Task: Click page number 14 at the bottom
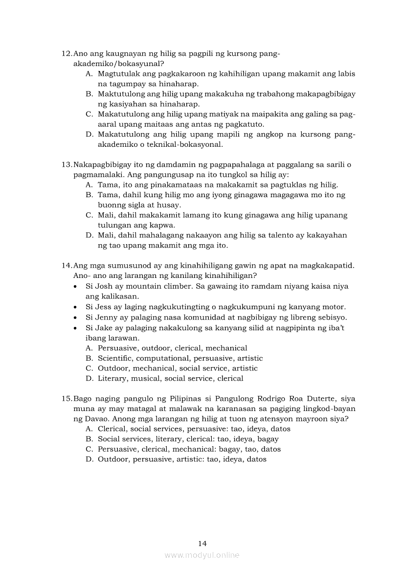click(202, 543)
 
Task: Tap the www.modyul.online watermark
click(202, 555)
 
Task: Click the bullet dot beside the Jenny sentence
click(74, 317)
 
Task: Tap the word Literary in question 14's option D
click(112, 378)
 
